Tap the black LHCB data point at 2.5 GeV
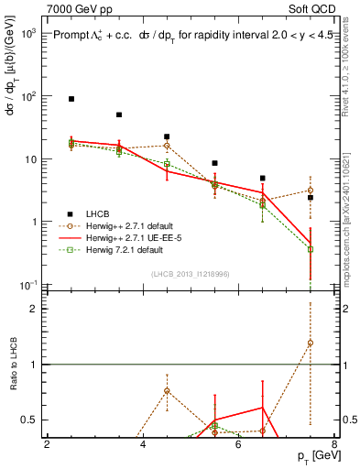71,98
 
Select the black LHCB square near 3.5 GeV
119,115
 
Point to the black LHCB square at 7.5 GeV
311,197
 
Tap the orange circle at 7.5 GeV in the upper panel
311,191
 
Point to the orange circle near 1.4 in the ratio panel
311,344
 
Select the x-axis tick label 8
334,445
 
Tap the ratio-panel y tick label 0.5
28,420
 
